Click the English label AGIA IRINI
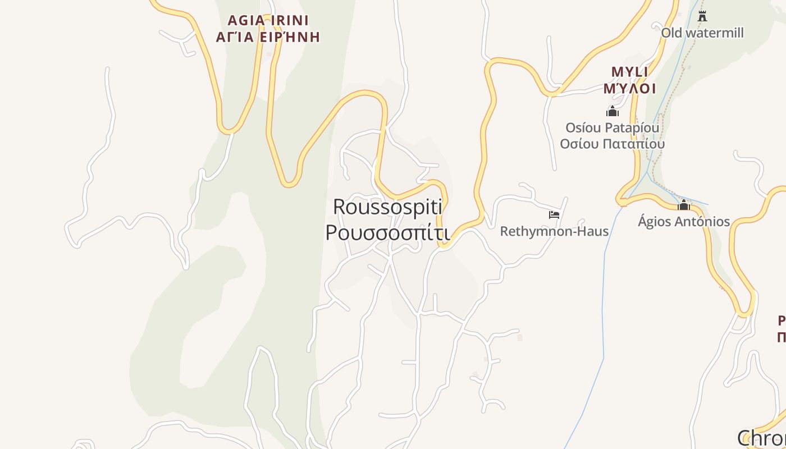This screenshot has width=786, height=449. pos(268,21)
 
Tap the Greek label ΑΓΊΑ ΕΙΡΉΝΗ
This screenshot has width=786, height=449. pos(268,38)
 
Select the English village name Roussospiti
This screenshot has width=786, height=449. pos(387,207)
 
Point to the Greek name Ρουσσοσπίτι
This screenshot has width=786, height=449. pos(387,232)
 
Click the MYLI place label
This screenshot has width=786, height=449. pos(629,72)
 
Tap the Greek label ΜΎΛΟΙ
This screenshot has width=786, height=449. pos(629,89)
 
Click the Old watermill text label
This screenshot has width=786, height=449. pos(702,33)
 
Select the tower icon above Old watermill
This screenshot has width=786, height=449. pos(702,16)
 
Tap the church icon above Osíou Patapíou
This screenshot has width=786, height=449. pos(612,111)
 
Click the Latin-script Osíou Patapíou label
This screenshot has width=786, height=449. pos(612,128)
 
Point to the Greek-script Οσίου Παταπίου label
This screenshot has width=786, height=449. pos(612,144)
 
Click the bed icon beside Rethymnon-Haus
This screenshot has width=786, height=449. pos(554,214)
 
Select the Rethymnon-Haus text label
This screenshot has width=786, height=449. pos(554,231)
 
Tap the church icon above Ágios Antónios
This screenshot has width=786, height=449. pos(684,205)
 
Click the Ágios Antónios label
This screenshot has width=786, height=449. pos(684,222)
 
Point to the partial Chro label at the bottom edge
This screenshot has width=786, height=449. pos(761,438)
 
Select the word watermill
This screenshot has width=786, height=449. pos(714,33)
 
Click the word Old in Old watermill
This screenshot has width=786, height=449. pos(671,33)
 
